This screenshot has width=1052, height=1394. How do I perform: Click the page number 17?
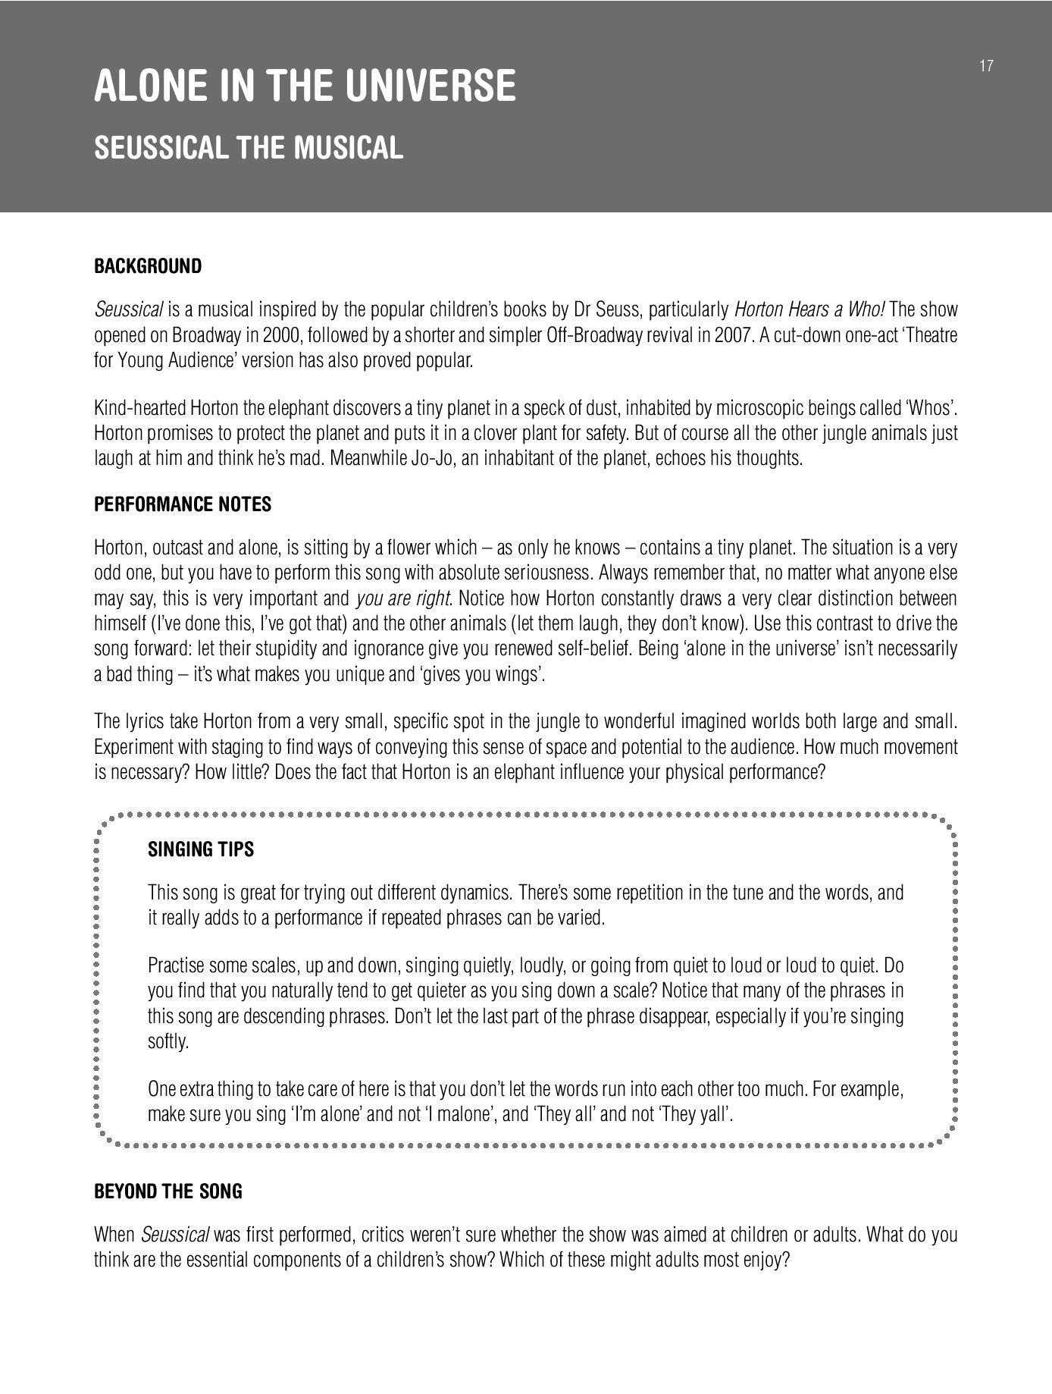tap(986, 66)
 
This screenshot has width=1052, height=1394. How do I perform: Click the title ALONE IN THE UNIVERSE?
tap(305, 86)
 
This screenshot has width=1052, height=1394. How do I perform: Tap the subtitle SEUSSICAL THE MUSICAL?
tap(248, 148)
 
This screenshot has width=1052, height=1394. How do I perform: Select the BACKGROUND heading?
tap(148, 267)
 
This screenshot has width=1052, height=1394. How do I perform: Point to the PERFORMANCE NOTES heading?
tap(182, 505)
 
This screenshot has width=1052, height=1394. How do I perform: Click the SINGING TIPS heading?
tap(201, 849)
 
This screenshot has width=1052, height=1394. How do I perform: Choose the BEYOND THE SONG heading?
tap(168, 1191)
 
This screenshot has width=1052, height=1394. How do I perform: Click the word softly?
tap(168, 1042)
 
